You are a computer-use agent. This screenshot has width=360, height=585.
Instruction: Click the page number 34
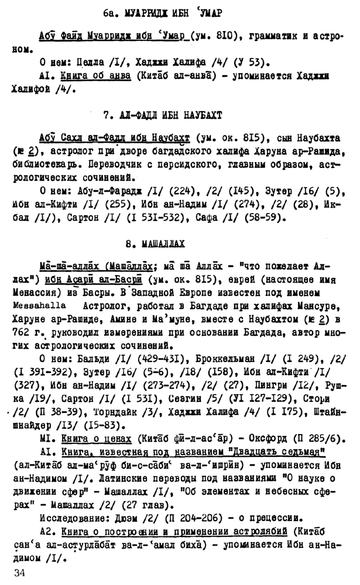(x=23, y=572)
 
